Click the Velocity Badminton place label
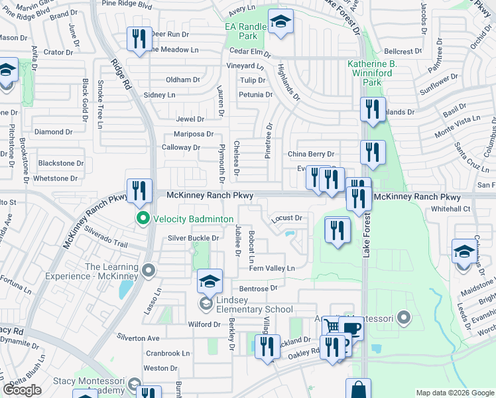(x=193, y=219)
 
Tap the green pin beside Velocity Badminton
(x=142, y=218)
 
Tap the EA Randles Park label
(x=245, y=31)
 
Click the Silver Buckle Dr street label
(x=193, y=238)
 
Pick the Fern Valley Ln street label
(x=271, y=268)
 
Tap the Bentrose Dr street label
(x=258, y=289)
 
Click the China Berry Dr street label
(x=310, y=155)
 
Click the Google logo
(x=22, y=390)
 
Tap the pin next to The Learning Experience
(x=148, y=271)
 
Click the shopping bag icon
(x=358, y=390)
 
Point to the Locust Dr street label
(x=286, y=218)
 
